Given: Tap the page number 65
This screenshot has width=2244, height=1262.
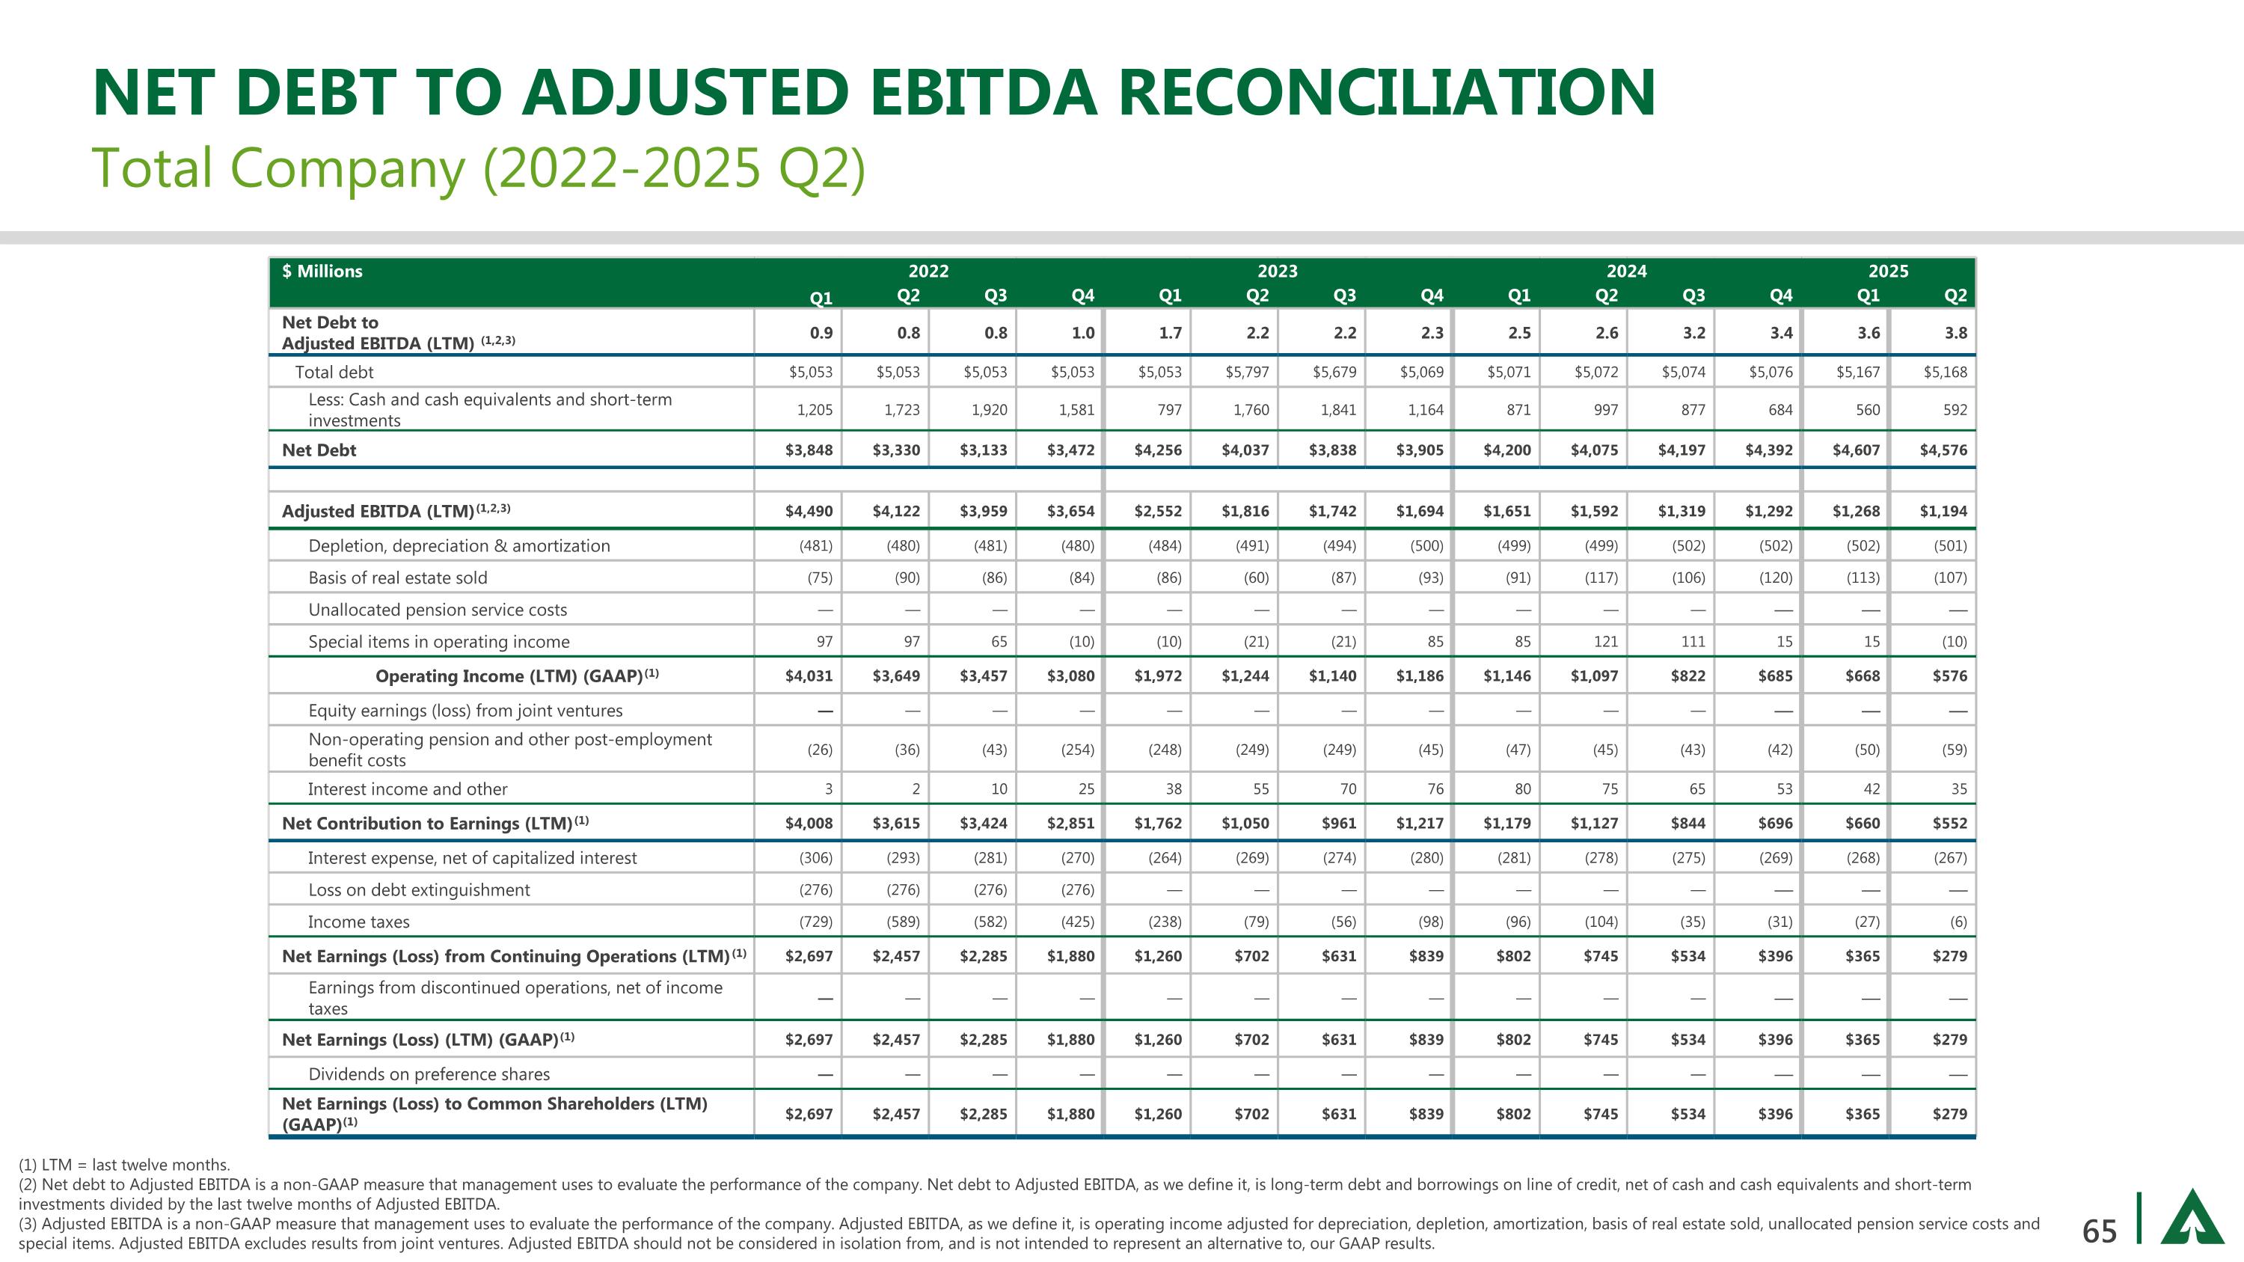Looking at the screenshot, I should click(2099, 1231).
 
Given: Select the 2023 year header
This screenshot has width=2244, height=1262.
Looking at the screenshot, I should click(1277, 271).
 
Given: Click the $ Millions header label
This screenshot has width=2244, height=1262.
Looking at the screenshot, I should click(322, 271).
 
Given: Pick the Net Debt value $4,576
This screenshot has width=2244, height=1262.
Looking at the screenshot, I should click(1943, 450).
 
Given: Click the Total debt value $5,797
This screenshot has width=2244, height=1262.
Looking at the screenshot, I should click(1247, 372).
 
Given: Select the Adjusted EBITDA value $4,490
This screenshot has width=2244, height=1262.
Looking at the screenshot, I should click(809, 511).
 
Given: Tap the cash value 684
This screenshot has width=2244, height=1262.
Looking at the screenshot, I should click(1779, 409).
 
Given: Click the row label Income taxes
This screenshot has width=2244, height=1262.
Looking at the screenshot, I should click(358, 922).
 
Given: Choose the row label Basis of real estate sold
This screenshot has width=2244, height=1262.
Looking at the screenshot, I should click(397, 578).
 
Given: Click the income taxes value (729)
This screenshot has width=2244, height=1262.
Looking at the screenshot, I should click(815, 922).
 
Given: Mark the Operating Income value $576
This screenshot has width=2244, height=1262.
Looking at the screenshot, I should click(1949, 676).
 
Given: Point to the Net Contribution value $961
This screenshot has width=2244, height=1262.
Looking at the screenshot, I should click(1338, 823).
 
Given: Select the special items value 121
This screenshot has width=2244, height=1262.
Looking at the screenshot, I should click(1604, 642).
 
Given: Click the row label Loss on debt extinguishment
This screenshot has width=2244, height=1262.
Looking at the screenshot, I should click(418, 890).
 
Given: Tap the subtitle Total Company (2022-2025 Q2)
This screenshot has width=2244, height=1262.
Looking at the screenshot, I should click(478, 168).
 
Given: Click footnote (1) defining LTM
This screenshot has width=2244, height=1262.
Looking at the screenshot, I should click(125, 1165).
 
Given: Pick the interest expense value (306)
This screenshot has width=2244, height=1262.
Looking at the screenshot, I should click(815, 858).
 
